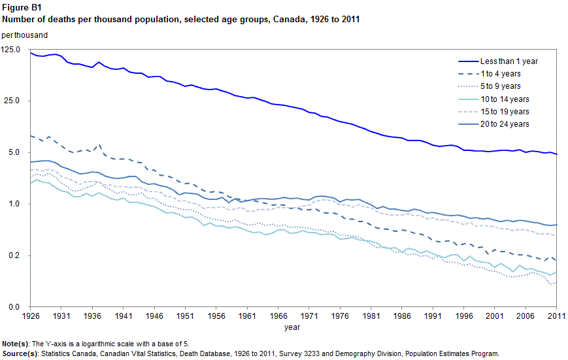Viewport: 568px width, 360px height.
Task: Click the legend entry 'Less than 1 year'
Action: (508, 61)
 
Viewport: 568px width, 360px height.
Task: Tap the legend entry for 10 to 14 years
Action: (505, 99)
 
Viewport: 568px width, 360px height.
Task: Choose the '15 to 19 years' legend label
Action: (505, 112)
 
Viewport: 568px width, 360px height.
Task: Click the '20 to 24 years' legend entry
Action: (505, 124)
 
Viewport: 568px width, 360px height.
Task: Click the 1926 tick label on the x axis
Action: (31, 316)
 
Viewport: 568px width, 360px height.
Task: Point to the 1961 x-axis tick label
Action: (247, 316)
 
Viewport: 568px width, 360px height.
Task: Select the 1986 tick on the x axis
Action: (402, 316)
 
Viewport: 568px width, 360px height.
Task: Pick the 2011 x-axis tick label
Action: (556, 316)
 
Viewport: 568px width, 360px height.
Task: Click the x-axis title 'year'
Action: (293, 327)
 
